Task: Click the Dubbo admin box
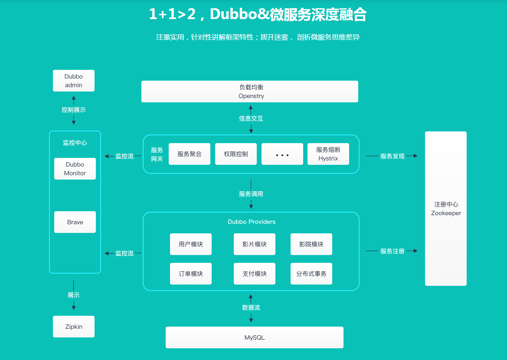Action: pyautogui.click(x=73, y=81)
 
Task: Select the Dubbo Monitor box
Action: pyautogui.click(x=75, y=169)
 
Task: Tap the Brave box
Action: pyautogui.click(x=75, y=222)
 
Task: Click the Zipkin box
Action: pyautogui.click(x=74, y=327)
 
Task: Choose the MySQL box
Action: pyautogui.click(x=255, y=337)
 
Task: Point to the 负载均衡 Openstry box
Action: pyautogui.click(x=250, y=92)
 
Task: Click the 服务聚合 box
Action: pyautogui.click(x=190, y=154)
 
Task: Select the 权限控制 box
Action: pyautogui.click(x=236, y=154)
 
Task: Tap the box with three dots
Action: pyautogui.click(x=282, y=154)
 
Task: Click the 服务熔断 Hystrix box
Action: pyautogui.click(x=328, y=154)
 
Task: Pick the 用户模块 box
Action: pyautogui.click(x=191, y=244)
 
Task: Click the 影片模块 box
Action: pyautogui.click(x=255, y=244)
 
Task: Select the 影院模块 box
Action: pyautogui.click(x=311, y=244)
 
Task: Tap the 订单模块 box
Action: pyautogui.click(x=191, y=274)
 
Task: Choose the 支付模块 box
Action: pyautogui.click(x=255, y=274)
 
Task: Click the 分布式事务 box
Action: pyautogui.click(x=311, y=274)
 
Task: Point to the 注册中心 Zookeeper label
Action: pyautogui.click(x=446, y=209)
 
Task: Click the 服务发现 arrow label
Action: pyautogui.click(x=392, y=156)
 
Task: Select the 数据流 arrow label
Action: pyautogui.click(x=251, y=308)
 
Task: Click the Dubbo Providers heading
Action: pyautogui.click(x=252, y=222)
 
